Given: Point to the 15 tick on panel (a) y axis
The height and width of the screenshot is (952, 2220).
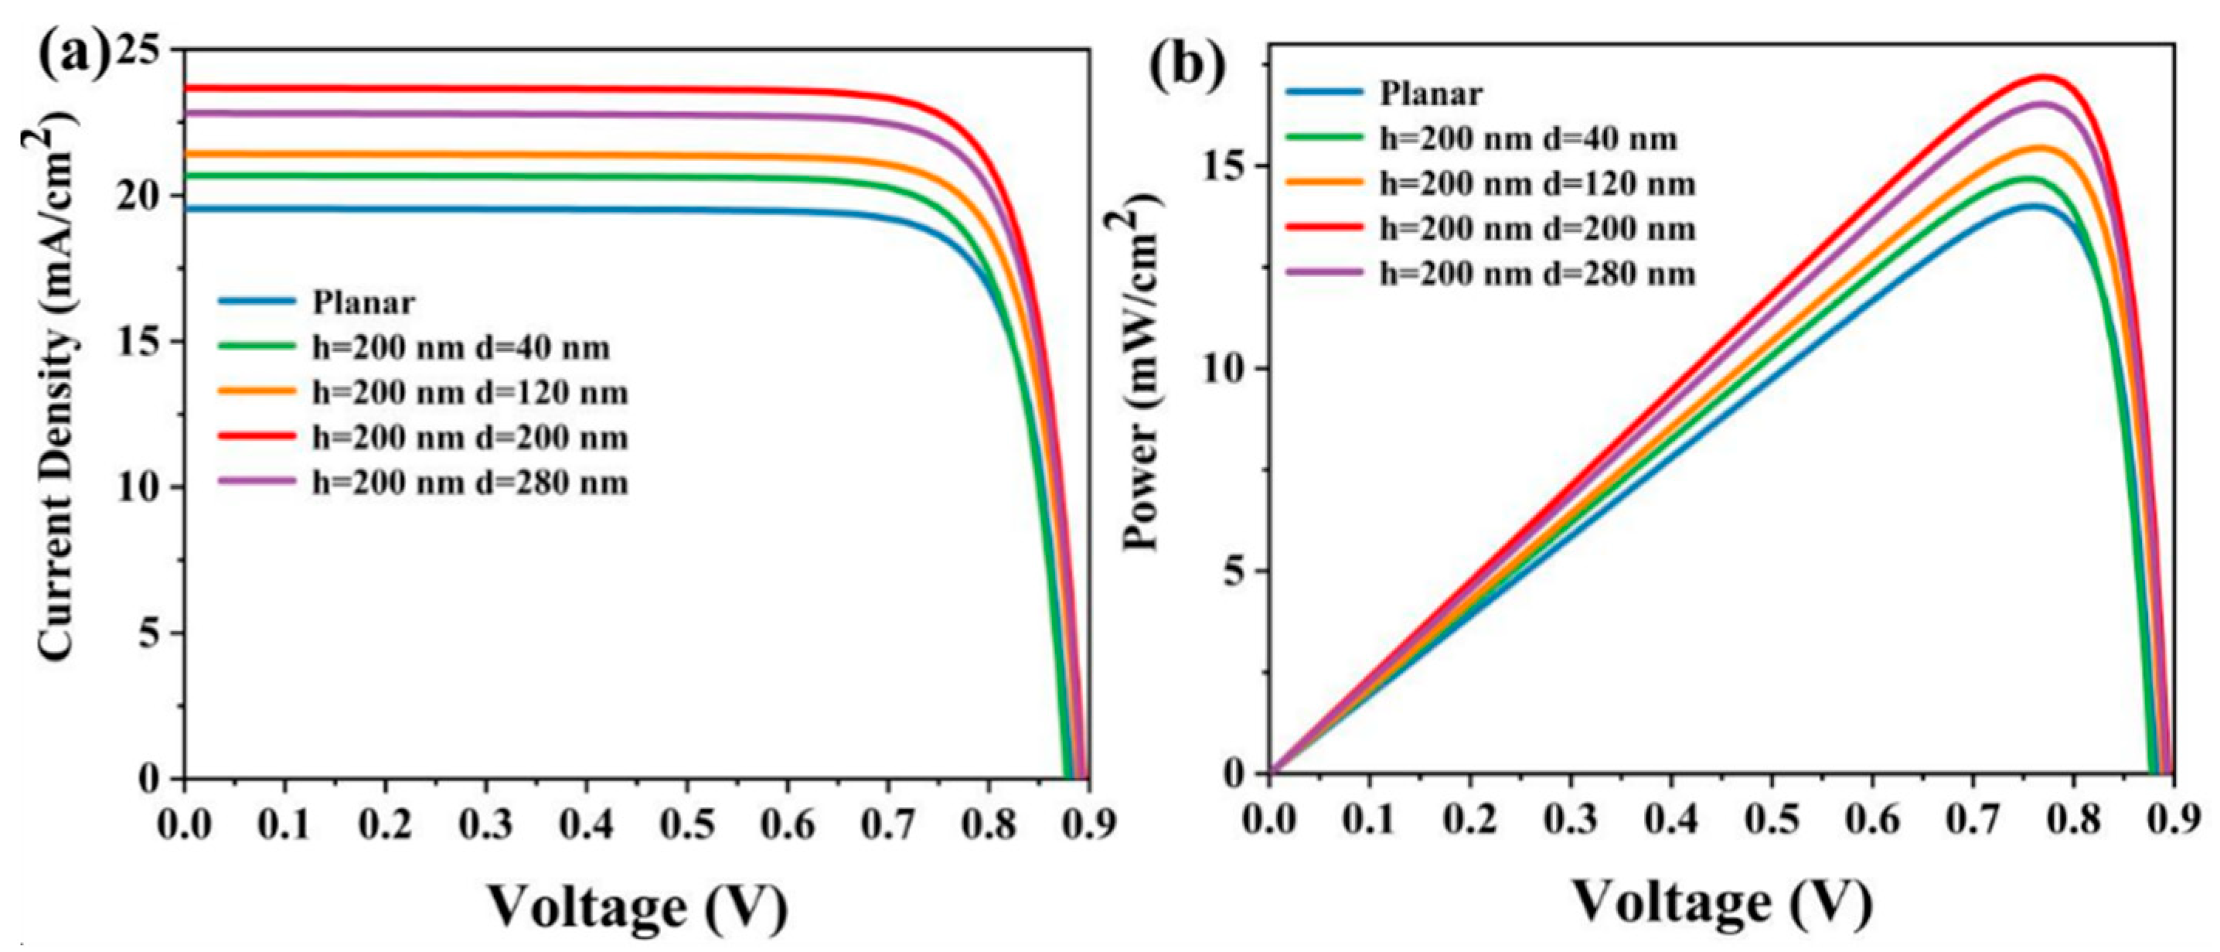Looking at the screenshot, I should coord(142,343).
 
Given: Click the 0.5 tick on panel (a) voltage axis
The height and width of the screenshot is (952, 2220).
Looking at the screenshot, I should coord(687,825).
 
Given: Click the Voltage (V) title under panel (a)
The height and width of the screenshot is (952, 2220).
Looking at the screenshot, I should coord(638,906).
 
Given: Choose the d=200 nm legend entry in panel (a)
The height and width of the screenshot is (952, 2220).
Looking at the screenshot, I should coord(470,438).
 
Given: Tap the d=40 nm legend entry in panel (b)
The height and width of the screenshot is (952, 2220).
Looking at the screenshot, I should coord(1528,139).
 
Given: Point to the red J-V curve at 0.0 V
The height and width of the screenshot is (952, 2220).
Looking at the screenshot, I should coord(188,88).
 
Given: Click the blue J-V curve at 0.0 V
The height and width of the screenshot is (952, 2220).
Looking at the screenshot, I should coord(188,209).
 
